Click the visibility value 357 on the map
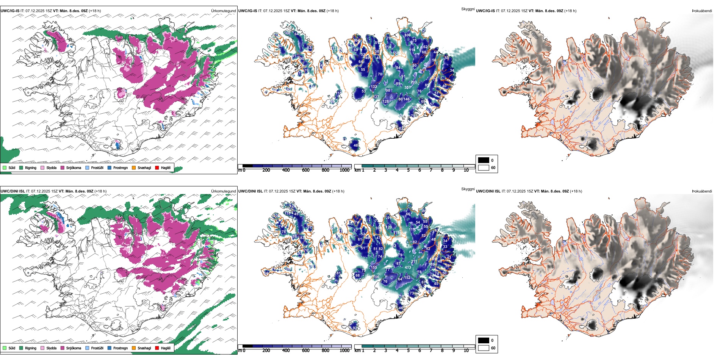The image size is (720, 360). tap(408, 88)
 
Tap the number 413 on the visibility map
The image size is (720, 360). tap(408, 268)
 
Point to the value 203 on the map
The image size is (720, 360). tap(413, 82)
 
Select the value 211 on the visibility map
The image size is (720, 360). tap(414, 261)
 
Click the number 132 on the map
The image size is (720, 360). tap(374, 87)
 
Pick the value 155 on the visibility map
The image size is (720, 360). tap(374, 268)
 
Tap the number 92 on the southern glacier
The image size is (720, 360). tap(355, 328)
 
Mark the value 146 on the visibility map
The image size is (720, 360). tap(407, 99)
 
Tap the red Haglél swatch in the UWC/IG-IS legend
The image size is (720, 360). tap(157, 168)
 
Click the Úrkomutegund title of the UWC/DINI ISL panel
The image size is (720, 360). tap(224, 191)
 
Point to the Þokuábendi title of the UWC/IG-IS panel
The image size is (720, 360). tap(702, 11)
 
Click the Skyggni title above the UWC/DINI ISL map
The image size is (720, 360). tap(468, 189)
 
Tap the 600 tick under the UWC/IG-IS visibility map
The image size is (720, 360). tap(306, 170)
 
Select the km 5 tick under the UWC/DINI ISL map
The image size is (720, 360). tap(409, 351)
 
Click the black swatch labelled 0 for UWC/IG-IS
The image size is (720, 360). tap(484, 160)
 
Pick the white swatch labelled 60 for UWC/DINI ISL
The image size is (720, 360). tap(484, 348)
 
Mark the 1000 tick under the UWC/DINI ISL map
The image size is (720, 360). tap(344, 351)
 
